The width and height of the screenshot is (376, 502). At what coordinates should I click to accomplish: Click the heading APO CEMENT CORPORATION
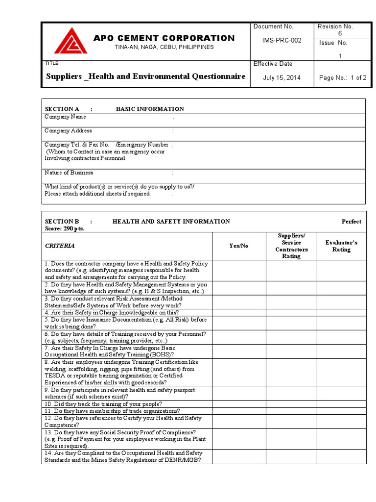(164, 38)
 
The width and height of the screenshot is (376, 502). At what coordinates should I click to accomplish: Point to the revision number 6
(340, 33)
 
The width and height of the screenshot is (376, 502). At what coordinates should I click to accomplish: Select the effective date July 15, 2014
(282, 77)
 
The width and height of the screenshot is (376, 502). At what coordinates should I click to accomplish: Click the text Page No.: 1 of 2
(342, 77)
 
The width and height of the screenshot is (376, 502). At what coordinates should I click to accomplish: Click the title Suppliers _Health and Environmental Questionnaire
(145, 76)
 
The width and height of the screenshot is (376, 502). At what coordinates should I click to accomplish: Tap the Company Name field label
(65, 117)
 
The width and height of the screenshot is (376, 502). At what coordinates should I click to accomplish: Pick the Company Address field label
(68, 131)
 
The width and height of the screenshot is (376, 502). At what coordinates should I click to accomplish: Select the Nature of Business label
(69, 173)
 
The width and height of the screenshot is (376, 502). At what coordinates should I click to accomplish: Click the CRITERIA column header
(60, 246)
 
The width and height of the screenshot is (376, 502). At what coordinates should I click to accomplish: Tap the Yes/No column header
(238, 246)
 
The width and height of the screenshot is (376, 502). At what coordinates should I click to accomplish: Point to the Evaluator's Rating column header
(341, 246)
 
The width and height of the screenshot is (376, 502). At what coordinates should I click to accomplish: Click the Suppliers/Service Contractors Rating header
(291, 246)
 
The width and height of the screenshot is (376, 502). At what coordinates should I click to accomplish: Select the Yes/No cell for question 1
(238, 270)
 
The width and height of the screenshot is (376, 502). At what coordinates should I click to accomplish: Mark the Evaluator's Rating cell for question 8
(341, 372)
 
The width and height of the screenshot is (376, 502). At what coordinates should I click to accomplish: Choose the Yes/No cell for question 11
(238, 411)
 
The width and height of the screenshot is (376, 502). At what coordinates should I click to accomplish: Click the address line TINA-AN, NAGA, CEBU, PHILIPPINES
(164, 47)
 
